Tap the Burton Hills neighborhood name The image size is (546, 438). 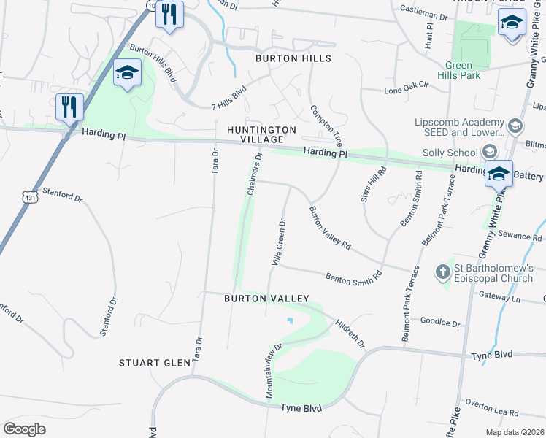point(293,58)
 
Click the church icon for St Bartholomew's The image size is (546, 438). point(442,272)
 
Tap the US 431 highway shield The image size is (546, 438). point(30,197)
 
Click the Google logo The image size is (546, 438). point(25,429)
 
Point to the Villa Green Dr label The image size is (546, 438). point(278,242)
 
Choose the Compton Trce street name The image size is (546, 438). point(326,126)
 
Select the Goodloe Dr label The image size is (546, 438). point(441,323)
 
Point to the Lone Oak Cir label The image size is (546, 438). point(404,91)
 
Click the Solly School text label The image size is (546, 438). point(450,153)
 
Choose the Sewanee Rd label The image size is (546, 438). point(520,237)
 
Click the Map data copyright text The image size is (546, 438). point(515,432)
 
